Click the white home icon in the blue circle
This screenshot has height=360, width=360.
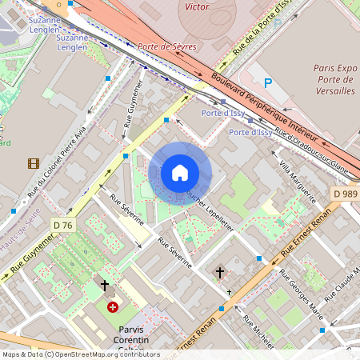[x=180, y=173]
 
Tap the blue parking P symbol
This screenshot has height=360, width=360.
[x=269, y=82]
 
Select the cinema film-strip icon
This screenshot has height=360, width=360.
[x=33, y=164]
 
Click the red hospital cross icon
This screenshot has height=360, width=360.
[x=113, y=306]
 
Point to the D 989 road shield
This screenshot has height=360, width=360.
[x=345, y=194]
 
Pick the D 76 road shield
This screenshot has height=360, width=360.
[x=62, y=225]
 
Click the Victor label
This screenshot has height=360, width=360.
[x=197, y=6]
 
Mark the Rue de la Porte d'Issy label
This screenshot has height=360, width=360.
[x=259, y=30]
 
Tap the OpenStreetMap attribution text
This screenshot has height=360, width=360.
[x=80, y=354]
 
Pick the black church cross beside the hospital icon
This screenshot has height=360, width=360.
[x=104, y=286]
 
